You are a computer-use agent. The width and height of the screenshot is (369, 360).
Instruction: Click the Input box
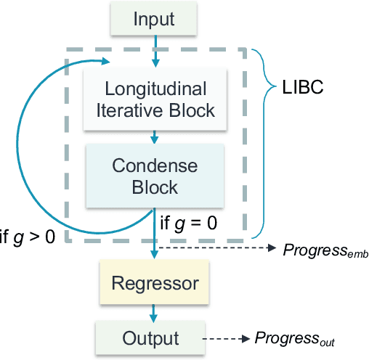click(155, 20)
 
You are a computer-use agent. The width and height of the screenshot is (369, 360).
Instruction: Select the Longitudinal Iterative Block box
click(155, 100)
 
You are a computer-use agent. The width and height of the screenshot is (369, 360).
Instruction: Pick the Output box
click(150, 337)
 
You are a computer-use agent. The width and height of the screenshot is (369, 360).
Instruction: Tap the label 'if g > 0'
click(27, 238)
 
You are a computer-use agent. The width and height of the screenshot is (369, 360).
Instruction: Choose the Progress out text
click(294, 338)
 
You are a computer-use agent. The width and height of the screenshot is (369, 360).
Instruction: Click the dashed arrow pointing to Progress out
click(226, 338)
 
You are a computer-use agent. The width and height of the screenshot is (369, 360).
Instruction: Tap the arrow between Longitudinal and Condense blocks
click(155, 137)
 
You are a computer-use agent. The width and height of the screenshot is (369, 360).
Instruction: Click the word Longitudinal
click(155, 90)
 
